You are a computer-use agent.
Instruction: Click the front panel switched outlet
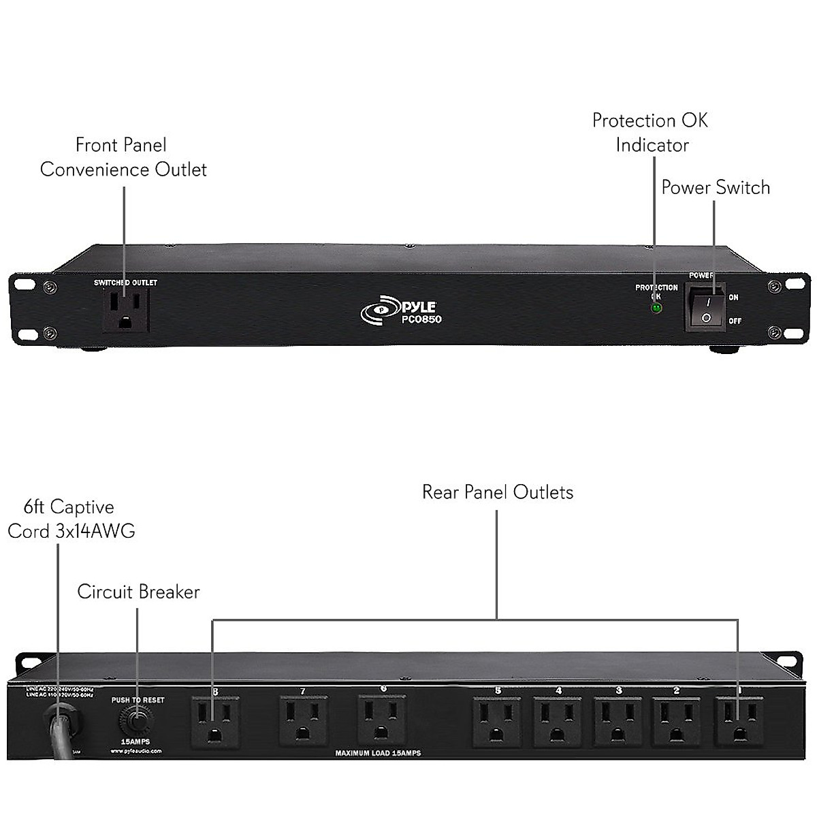coord(126,309)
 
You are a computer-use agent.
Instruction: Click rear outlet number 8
coord(214,722)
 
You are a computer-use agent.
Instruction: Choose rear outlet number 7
coord(303,722)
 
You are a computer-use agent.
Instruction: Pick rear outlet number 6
coord(383,722)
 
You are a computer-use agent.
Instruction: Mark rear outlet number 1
coord(738,722)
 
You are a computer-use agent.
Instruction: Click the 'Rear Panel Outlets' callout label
coord(498,492)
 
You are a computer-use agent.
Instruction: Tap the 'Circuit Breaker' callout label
coord(138,592)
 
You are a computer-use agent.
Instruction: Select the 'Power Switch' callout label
coord(716,187)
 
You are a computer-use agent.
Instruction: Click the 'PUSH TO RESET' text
coord(138,700)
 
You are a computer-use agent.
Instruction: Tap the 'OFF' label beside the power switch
coord(735,321)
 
